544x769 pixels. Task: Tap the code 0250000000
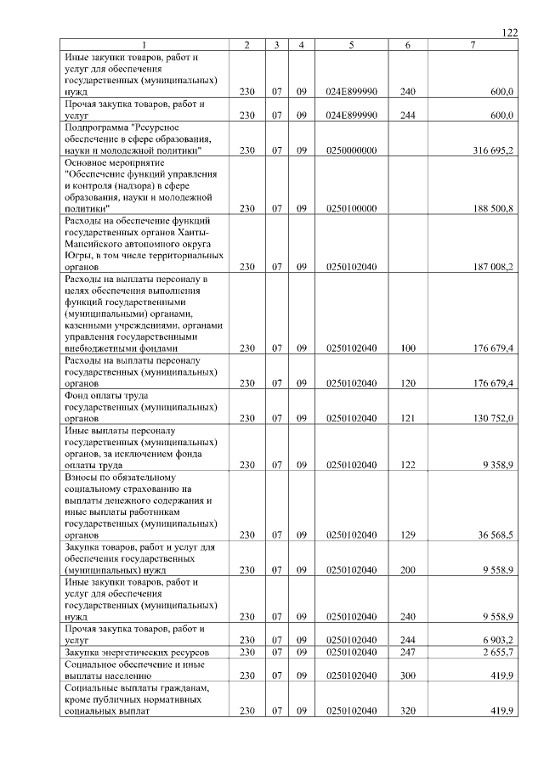click(351, 150)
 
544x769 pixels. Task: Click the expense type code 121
click(407, 419)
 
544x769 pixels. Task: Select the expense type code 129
click(407, 535)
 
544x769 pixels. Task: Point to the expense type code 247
click(407, 650)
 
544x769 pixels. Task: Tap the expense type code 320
click(407, 711)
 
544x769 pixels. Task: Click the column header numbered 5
click(351, 44)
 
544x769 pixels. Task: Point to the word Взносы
click(82, 477)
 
